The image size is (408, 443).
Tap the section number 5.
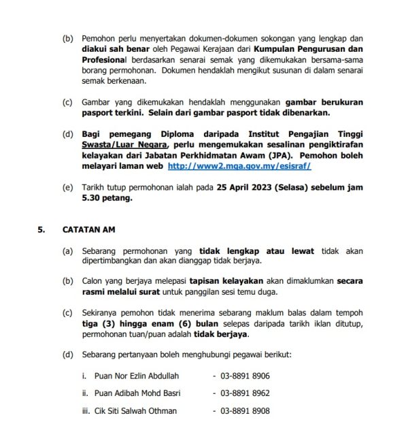tap(41, 230)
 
